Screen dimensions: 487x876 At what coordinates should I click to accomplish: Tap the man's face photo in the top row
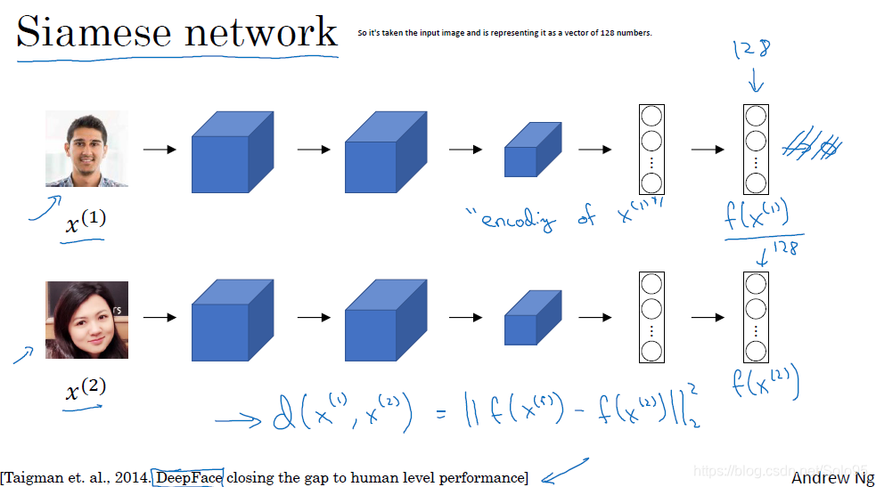coord(86,149)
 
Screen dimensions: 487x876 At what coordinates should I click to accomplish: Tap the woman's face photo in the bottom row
coord(86,320)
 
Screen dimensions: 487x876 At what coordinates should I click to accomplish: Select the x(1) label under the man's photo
coord(86,221)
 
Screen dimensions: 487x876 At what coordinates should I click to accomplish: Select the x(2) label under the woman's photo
coord(86,389)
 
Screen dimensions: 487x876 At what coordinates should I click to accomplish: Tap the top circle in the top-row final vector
coord(756,116)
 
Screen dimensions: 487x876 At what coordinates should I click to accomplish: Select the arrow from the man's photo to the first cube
coord(160,150)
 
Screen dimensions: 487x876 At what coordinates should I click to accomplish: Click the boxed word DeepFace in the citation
coord(189,477)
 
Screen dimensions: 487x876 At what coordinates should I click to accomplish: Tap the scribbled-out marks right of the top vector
coord(811,148)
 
